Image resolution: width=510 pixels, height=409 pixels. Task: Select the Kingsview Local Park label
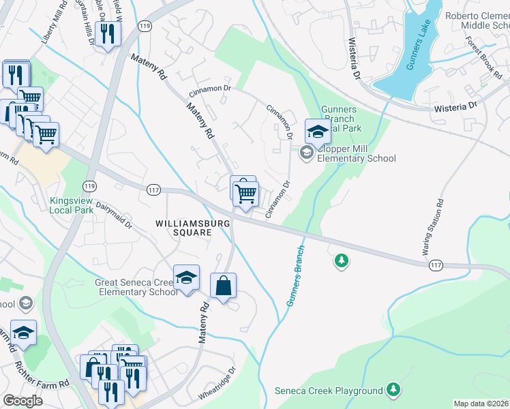coord(76,205)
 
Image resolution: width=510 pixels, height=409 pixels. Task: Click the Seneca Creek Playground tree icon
coord(393,390)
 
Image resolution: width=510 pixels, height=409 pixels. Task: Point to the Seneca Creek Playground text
coord(329,391)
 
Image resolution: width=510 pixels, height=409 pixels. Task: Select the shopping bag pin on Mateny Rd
coord(224,287)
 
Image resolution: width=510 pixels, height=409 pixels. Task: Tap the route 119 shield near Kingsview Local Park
coord(89,185)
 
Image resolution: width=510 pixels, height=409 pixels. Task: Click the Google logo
coord(22,401)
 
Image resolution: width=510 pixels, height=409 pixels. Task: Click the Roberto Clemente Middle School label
coord(477,20)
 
